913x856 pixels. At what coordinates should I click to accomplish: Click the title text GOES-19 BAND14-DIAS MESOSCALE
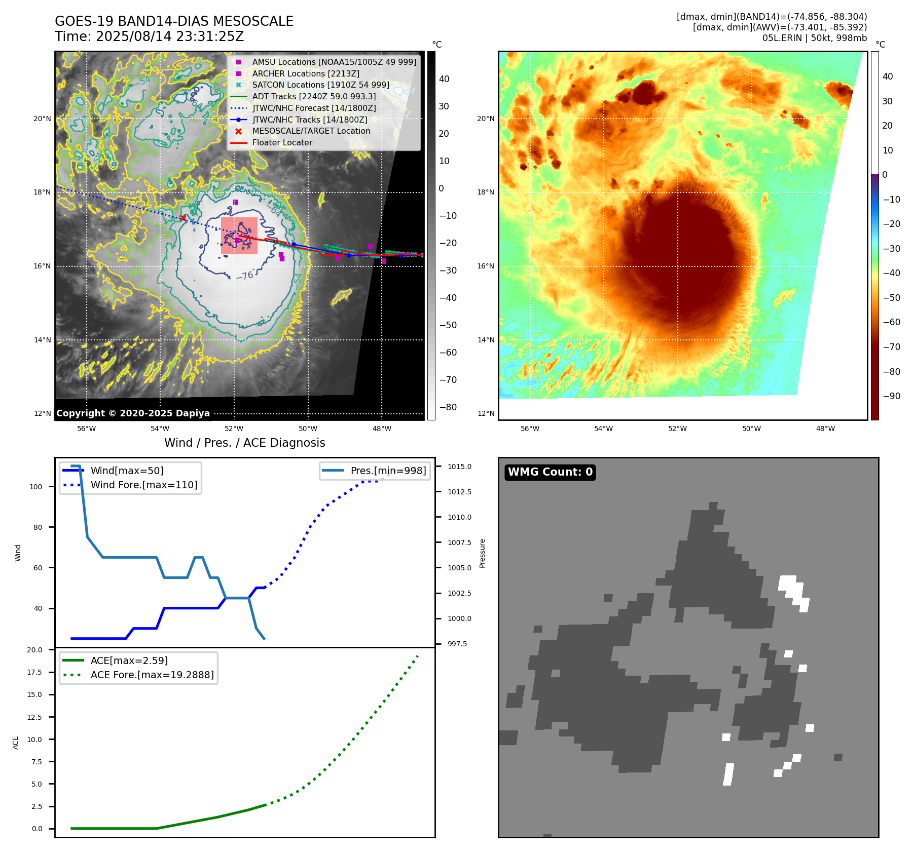[x=174, y=21]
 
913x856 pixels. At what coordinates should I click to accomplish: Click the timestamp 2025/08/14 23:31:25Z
[x=170, y=36]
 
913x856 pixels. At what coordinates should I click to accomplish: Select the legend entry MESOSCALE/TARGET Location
[x=311, y=131]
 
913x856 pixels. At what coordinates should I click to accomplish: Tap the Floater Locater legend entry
[x=282, y=142]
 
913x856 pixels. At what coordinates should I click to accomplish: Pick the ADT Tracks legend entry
[x=314, y=96]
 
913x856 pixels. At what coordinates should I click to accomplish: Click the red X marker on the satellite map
[x=183, y=218]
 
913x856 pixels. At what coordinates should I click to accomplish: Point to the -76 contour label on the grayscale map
[x=245, y=276]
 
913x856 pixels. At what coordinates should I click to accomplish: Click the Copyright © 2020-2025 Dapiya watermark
[x=133, y=413]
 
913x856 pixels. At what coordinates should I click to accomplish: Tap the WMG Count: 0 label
[x=550, y=472]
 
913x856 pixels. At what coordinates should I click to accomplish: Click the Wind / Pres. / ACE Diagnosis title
[x=244, y=443]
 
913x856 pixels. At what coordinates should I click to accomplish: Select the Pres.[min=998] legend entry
[x=388, y=471]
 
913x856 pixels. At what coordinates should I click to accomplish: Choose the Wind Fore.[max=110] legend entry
[x=143, y=485]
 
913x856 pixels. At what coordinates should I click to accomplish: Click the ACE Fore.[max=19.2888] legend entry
[x=152, y=675]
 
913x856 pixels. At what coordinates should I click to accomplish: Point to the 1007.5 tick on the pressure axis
[x=459, y=542]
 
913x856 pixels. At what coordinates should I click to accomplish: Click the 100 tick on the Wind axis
[x=36, y=487]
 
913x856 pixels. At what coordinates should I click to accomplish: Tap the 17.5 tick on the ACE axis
[x=34, y=672]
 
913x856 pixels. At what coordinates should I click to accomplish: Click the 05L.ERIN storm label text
[x=782, y=38]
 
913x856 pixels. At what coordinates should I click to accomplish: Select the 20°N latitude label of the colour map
[x=485, y=119]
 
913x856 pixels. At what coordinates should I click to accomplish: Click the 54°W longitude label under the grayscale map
[x=160, y=429]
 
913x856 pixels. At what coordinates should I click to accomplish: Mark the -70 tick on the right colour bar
[x=891, y=347]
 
